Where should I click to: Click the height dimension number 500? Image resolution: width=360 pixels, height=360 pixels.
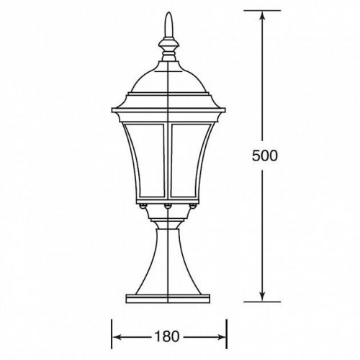pos(265,156)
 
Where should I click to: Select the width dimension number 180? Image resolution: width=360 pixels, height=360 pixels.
pos(167,335)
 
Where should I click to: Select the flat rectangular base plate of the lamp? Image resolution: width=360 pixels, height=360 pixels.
pos(168,294)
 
